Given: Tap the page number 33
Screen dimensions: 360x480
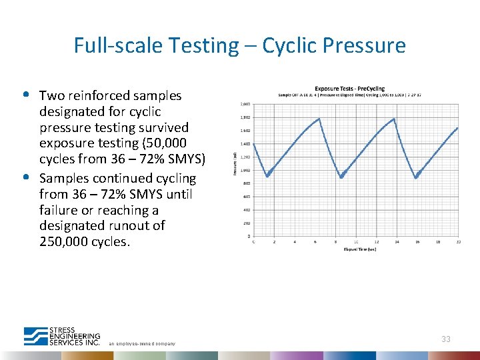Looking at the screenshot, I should (445, 339).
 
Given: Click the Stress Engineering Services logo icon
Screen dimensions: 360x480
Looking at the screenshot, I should (35, 336).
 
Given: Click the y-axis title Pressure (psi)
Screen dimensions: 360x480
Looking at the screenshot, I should (235, 163).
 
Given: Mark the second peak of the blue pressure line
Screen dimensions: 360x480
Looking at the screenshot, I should (395, 119).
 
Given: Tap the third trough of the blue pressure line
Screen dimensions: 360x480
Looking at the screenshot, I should (417, 177).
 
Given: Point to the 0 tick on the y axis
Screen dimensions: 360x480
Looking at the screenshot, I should (249, 236).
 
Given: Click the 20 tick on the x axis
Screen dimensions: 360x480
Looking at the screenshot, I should (459, 242).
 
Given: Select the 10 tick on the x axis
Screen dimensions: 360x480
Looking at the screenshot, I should (356, 242).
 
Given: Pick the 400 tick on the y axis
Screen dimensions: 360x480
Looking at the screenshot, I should (247, 210).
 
